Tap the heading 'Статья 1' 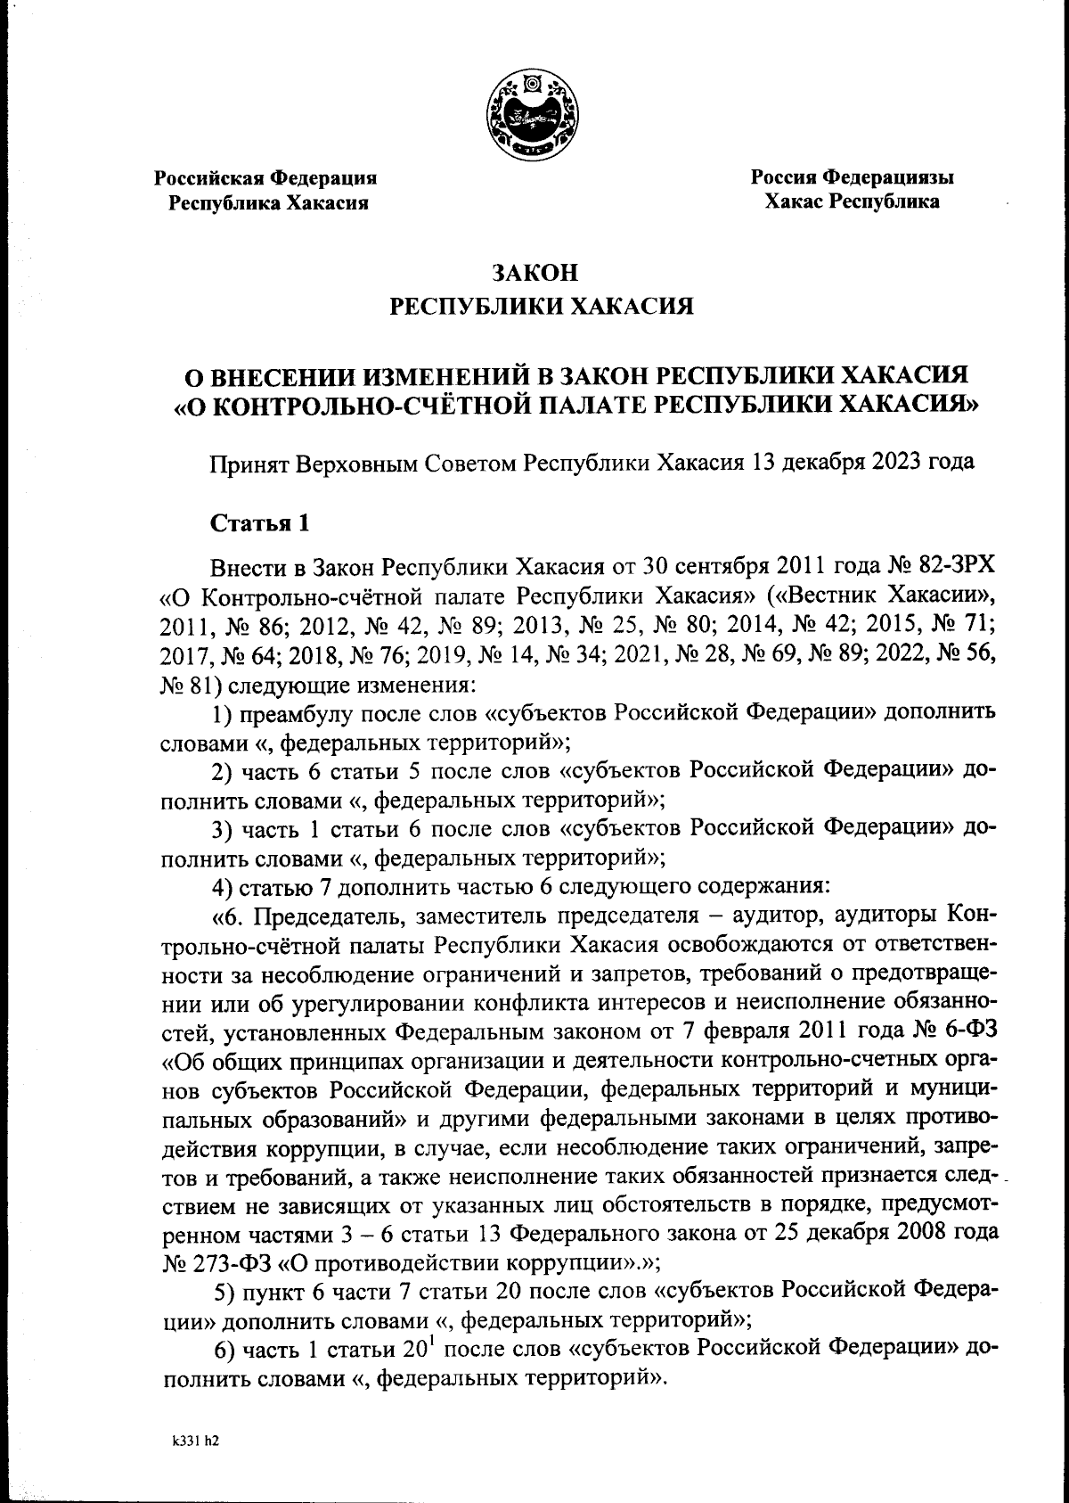[259, 523]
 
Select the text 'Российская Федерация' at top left [266, 177]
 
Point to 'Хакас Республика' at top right [852, 201]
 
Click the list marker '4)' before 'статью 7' [223, 887]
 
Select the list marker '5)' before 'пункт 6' [230, 1292]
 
